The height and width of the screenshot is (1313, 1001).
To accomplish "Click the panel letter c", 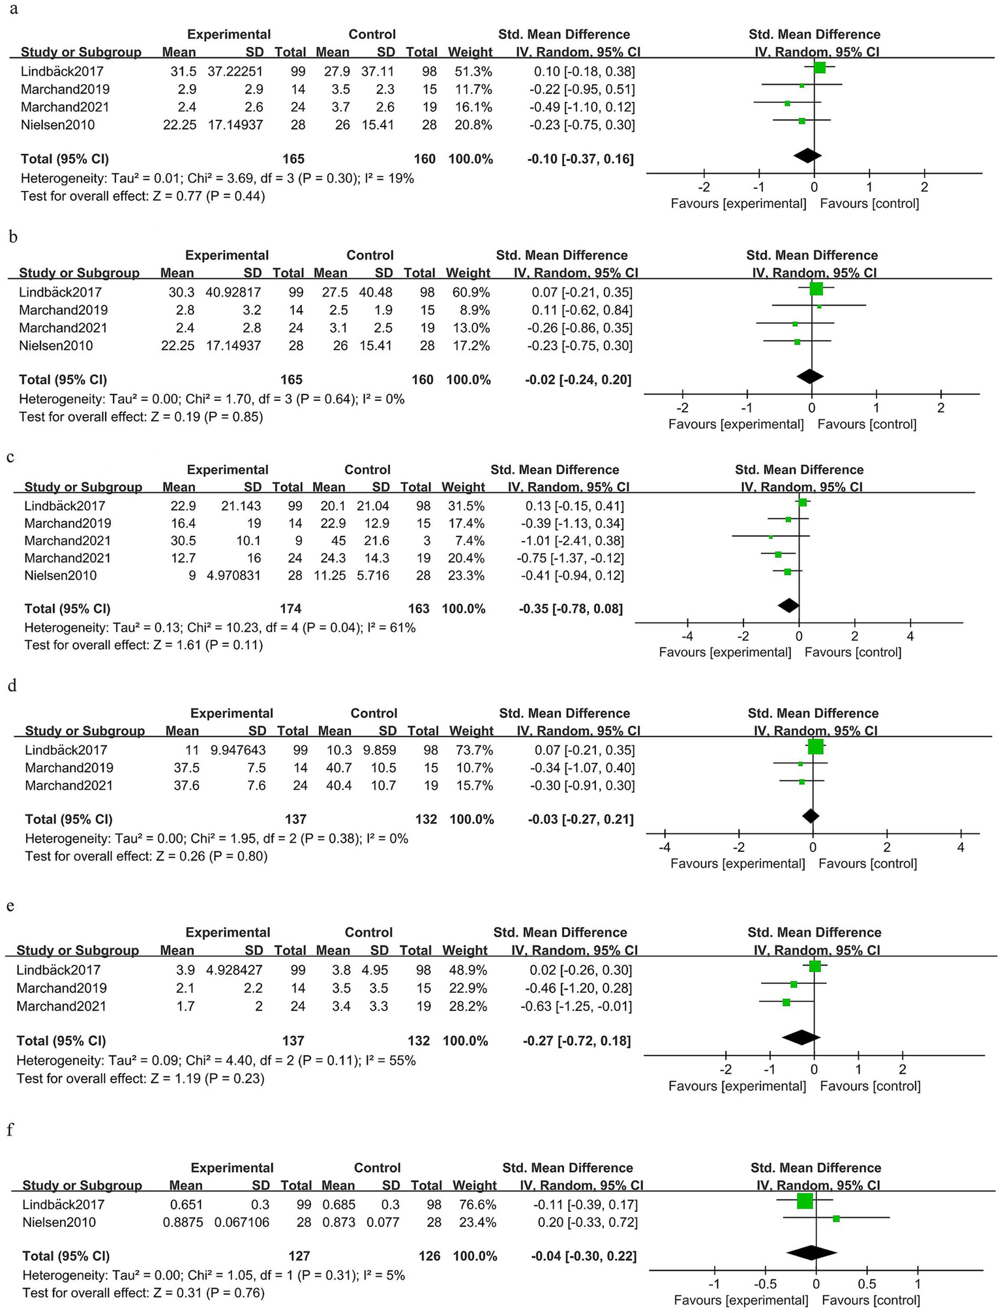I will point(10,456).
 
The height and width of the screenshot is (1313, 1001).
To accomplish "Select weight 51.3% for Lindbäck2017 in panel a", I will point(473,71).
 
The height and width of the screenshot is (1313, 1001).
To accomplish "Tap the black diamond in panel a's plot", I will point(807,155).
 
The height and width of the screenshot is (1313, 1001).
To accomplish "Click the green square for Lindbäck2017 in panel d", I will point(815,746).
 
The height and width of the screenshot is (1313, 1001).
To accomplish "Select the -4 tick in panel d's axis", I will point(664,847).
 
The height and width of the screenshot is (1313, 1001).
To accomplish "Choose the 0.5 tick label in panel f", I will point(867,1284).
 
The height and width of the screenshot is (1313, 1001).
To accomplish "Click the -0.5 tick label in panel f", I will point(765,1284).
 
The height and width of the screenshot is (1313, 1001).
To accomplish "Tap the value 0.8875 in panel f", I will point(183,1222).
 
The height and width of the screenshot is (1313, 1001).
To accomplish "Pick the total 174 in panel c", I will point(290,608).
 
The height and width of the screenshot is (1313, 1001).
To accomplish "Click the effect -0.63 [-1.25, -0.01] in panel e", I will point(576,1006).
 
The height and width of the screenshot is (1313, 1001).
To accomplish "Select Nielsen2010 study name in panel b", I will point(55,346).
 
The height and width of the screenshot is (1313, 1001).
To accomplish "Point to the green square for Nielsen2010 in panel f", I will point(836,1218).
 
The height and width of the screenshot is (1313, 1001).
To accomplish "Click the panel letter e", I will point(10,906).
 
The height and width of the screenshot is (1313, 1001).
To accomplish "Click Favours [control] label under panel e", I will point(870,1085).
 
